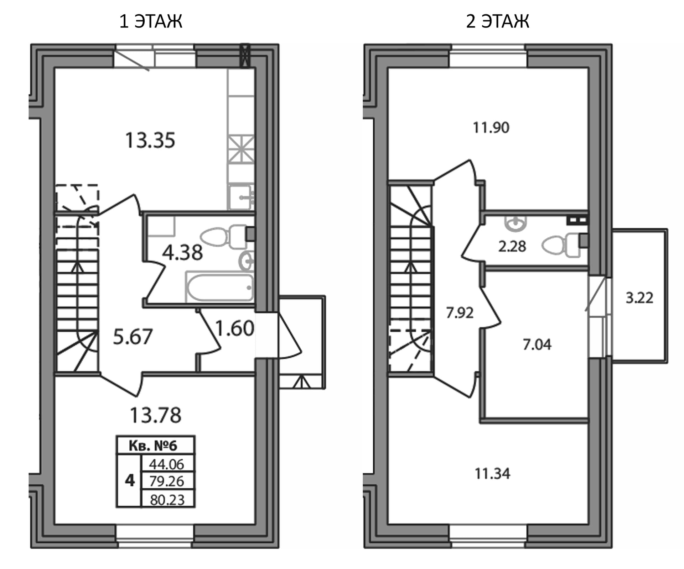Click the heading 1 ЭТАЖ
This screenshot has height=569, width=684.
[151, 21]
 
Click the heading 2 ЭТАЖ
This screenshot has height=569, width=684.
[498, 21]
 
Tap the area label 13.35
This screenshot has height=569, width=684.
[150, 140]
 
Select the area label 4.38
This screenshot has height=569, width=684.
[182, 253]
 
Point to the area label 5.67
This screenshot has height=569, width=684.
[133, 337]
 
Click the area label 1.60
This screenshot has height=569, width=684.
[235, 328]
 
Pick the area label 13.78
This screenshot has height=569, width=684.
[156, 415]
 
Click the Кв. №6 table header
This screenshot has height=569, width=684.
[156, 446]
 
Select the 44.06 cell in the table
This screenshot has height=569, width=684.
[167, 464]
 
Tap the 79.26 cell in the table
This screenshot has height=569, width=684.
[167, 481]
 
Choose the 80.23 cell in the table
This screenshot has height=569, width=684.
[167, 499]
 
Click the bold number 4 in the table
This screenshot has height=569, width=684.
[130, 481]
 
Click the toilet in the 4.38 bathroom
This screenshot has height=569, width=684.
[223, 236]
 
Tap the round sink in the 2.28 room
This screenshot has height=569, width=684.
[515, 223]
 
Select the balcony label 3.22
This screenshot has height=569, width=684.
[639, 298]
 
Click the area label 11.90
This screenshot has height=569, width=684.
[491, 127]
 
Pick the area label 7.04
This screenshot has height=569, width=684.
[537, 344]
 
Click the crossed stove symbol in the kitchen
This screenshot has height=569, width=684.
[241, 149]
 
